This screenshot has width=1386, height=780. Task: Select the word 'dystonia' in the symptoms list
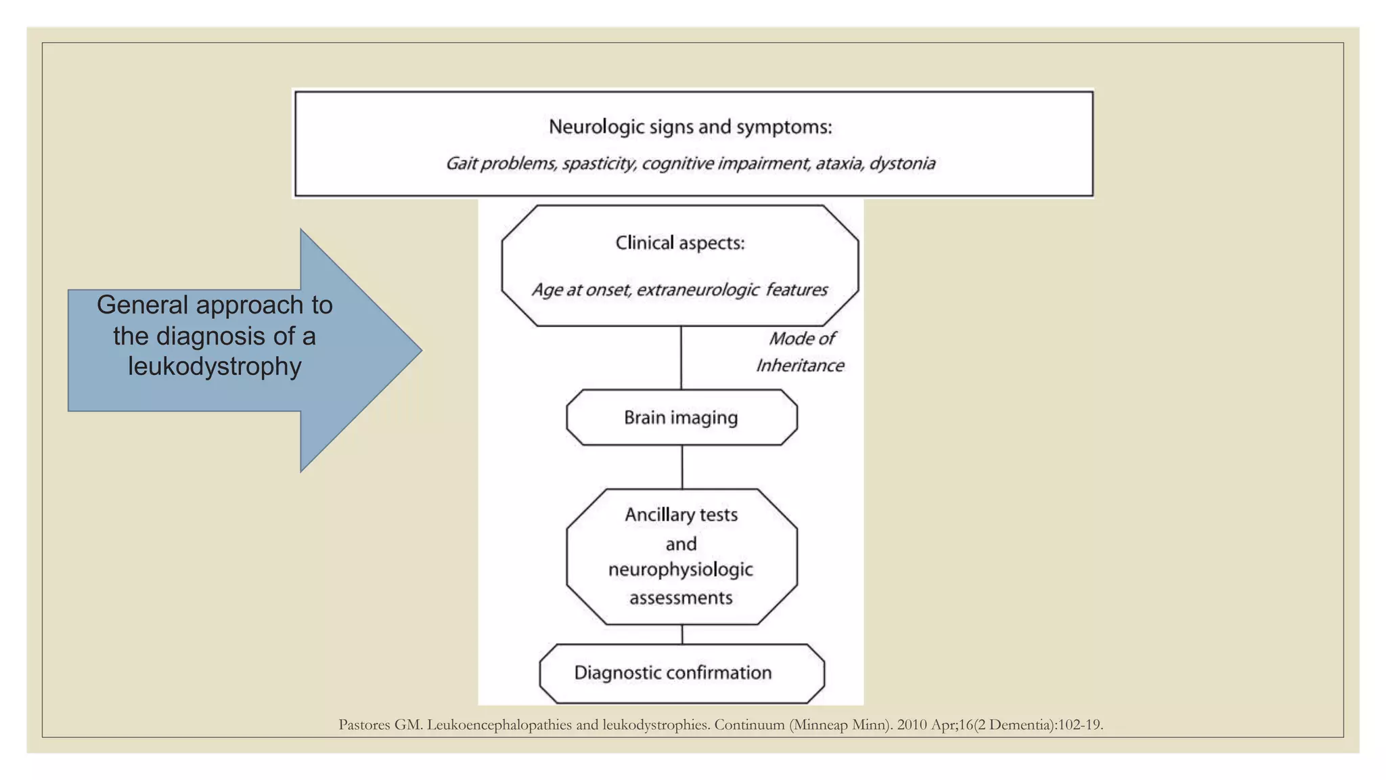tap(902, 163)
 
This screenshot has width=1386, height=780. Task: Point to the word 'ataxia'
tap(839, 163)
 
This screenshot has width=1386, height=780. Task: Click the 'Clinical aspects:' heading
tap(679, 243)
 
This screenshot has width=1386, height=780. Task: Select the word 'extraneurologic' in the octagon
tap(697, 290)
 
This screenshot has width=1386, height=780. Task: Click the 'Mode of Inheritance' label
tap(801, 352)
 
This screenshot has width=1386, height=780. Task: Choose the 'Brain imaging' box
tap(681, 417)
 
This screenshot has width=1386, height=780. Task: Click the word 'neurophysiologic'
tap(680, 569)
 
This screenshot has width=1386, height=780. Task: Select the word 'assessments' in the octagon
tap(681, 598)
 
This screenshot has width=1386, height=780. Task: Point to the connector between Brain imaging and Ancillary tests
tap(682, 467)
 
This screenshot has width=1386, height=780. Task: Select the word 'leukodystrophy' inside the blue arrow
tap(215, 366)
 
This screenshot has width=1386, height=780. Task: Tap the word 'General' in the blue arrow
tap(142, 305)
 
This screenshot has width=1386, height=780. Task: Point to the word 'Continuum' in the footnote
tap(749, 725)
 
